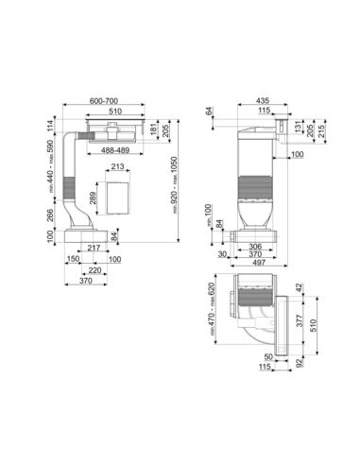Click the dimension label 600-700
pos(104,101)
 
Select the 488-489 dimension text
pos(115,150)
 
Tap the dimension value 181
pos(154,129)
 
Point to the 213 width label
pos(118,166)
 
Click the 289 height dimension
pos(94,198)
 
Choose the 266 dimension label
pos(50,215)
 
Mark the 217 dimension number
pos(94,248)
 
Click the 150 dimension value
pos(73,259)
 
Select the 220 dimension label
pos(94,270)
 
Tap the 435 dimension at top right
pos(263,100)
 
